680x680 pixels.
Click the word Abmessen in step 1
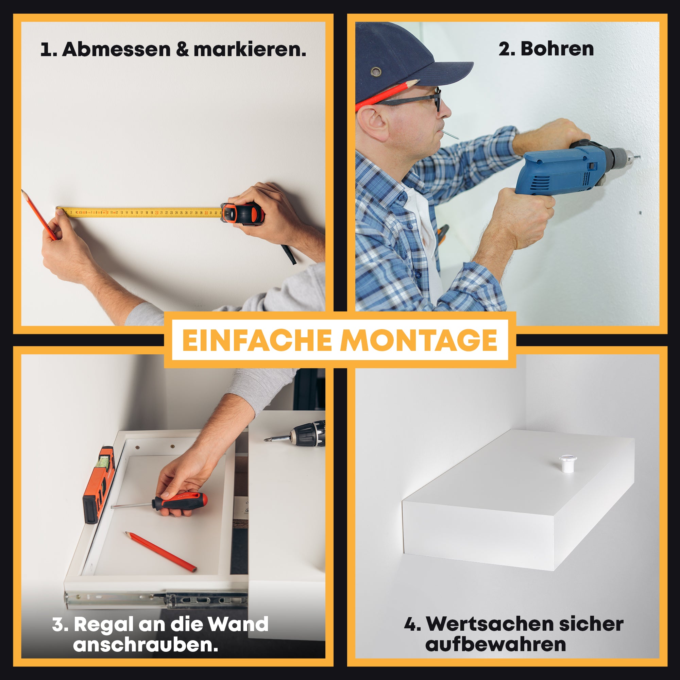pyautogui.click(x=117, y=49)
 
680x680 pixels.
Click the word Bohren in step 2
pyautogui.click(x=557, y=49)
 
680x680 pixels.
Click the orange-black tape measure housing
pyautogui.click(x=243, y=214)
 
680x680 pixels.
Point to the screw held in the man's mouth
pyautogui.click(x=450, y=134)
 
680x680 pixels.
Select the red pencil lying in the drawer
pyautogui.click(x=160, y=551)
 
